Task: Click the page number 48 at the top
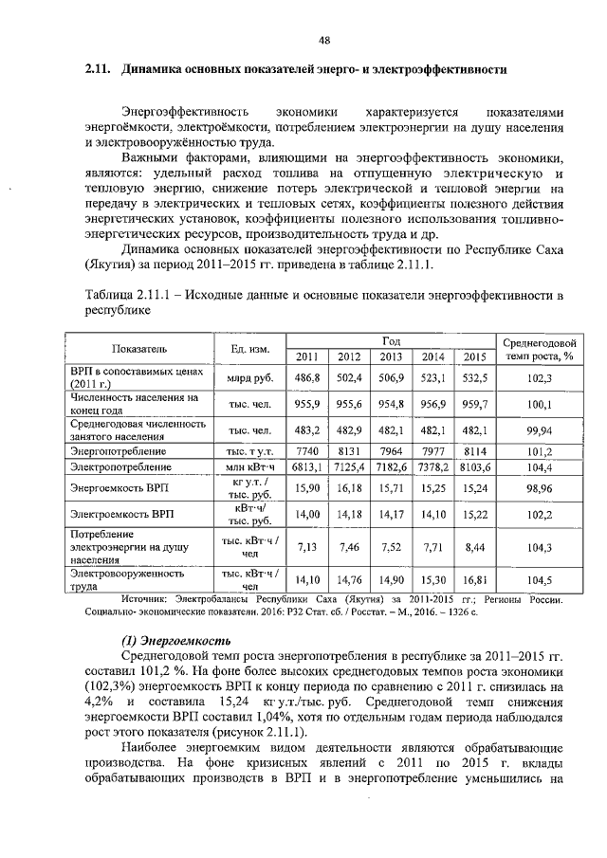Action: pyautogui.click(x=323, y=40)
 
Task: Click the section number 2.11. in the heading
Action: pyautogui.click(x=98, y=70)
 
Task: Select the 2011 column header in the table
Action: pyautogui.click(x=307, y=356)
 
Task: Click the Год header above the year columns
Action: pyautogui.click(x=391, y=339)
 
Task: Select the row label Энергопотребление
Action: pyautogui.click(x=112, y=451)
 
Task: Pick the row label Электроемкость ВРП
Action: pyautogui.click(x=116, y=514)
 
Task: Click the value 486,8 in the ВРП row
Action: pyautogui.click(x=307, y=377)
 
